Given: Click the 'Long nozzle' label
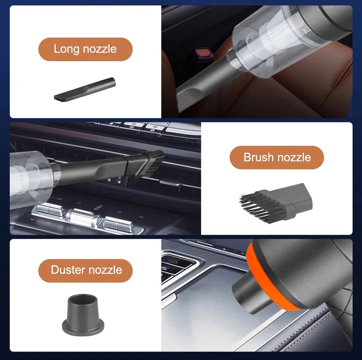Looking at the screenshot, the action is [85, 49].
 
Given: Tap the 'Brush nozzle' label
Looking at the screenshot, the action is [277, 157].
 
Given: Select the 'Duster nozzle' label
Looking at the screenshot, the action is [85, 271].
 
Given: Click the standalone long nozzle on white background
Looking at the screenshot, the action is [85, 89].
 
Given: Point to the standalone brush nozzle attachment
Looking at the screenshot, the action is [276, 204].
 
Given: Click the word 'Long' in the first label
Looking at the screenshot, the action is [66, 49].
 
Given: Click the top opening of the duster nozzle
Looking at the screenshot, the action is [83, 299].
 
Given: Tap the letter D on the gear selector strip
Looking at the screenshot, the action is [153, 130].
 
